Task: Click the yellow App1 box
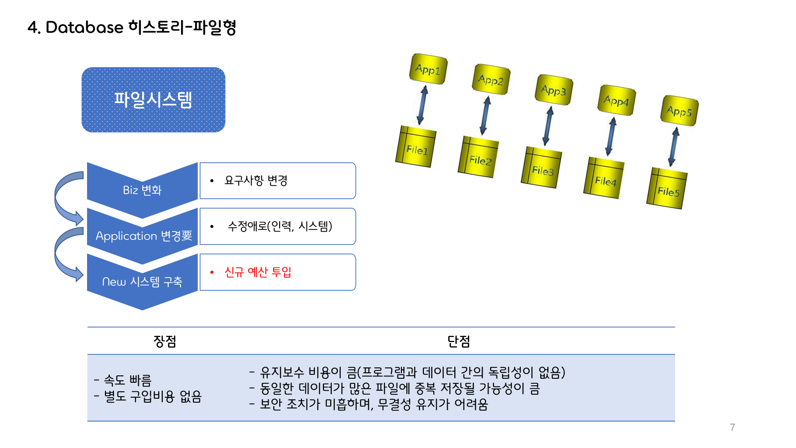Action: (428, 69)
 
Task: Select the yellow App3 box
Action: (554, 90)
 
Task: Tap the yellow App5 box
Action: (679, 111)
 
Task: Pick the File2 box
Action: (478, 157)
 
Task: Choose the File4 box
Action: (603, 178)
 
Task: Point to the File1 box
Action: (415, 147)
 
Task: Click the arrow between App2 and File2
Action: (485, 115)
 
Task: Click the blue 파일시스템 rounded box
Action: (153, 100)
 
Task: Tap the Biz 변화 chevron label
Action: (142, 190)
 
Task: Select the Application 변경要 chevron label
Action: (144, 236)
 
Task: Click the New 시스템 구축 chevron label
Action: (142, 282)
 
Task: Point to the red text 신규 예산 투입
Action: (258, 272)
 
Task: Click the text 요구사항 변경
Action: (256, 181)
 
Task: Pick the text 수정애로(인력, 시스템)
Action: (280, 226)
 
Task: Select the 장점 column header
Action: (165, 341)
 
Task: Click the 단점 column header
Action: (459, 341)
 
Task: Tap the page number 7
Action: (732, 428)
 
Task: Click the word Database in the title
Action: (84, 27)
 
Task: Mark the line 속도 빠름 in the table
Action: (127, 381)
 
